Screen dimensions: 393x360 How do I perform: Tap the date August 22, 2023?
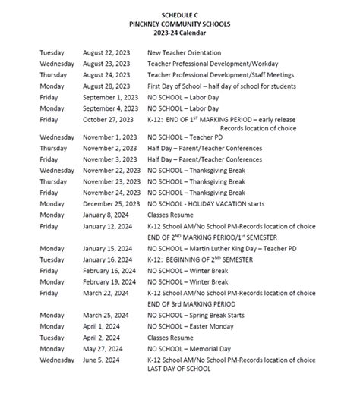coord(106,52)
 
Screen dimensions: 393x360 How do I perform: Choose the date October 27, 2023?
coord(109,119)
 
